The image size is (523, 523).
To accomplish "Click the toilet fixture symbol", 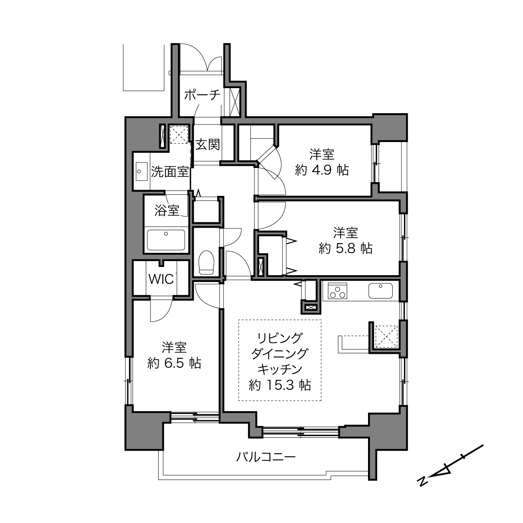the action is tap(206, 262).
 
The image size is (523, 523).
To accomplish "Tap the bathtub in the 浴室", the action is tap(166, 240).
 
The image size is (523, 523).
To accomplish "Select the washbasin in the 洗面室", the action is tap(142, 171).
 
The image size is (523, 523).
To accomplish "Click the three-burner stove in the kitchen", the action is tap(338, 290).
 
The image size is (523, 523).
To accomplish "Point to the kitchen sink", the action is tap(380, 291).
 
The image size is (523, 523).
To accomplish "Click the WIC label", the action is tap(161, 279).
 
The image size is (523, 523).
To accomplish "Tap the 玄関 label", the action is tap(208, 145).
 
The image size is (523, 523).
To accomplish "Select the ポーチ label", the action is tap(202, 95).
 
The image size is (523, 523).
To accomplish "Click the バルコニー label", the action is tap(266, 457).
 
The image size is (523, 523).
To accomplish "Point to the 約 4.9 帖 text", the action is tap(322, 170).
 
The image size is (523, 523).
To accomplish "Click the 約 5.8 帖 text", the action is tap(345, 248).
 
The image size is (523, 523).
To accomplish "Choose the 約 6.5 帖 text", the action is tap(174, 363).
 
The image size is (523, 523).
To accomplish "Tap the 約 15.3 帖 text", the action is tap(280, 385).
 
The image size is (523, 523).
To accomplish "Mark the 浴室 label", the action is tap(167, 211).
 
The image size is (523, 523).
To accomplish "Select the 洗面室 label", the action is tap(170, 172).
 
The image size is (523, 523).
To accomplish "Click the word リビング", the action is tap(280, 338).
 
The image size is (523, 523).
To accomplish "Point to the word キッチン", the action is tap(280, 369).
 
